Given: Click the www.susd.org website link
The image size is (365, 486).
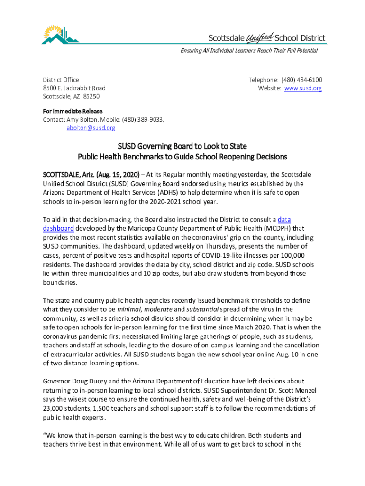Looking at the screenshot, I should pyautogui.click(x=303, y=88).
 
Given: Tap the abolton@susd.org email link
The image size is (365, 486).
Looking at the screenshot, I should pyautogui.click(x=91, y=128).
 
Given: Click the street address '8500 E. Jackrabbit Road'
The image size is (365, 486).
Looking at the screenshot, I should pyautogui.click(x=74, y=88).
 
